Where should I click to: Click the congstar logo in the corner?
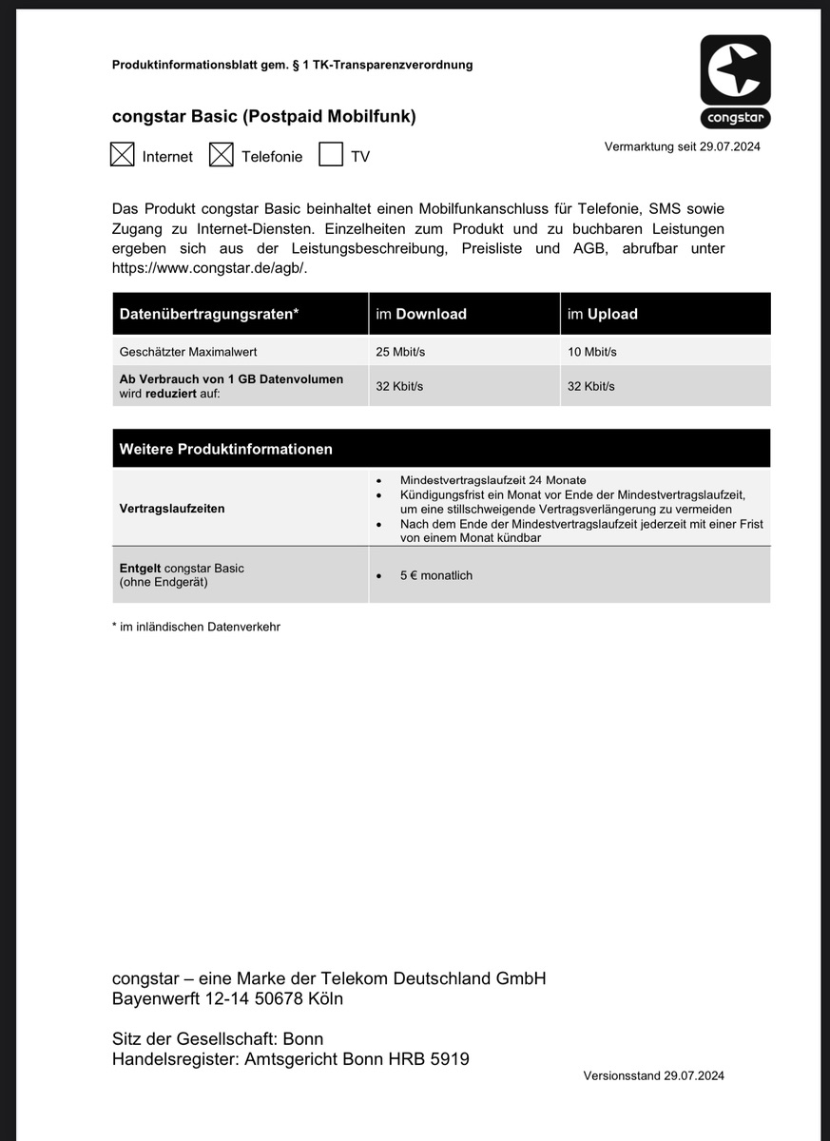[x=735, y=82]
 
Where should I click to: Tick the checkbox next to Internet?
[x=122, y=155]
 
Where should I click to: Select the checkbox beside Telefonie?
[x=221, y=155]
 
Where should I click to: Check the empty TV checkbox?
[x=330, y=155]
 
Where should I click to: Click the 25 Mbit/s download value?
[x=400, y=352]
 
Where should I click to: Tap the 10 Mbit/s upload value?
[x=591, y=352]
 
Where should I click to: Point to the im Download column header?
[x=421, y=314]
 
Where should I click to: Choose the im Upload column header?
[x=602, y=314]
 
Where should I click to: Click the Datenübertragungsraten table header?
[x=209, y=314]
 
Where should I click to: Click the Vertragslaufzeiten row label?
[x=172, y=509]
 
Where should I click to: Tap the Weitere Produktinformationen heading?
[x=225, y=449]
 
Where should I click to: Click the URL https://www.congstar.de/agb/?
[x=209, y=267]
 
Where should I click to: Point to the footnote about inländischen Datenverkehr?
[x=196, y=627]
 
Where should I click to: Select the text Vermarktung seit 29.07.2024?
[x=682, y=146]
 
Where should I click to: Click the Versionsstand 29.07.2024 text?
[x=654, y=1075]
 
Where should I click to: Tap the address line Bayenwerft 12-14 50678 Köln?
[x=227, y=999]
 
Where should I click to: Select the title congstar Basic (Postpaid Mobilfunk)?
[x=263, y=117]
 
